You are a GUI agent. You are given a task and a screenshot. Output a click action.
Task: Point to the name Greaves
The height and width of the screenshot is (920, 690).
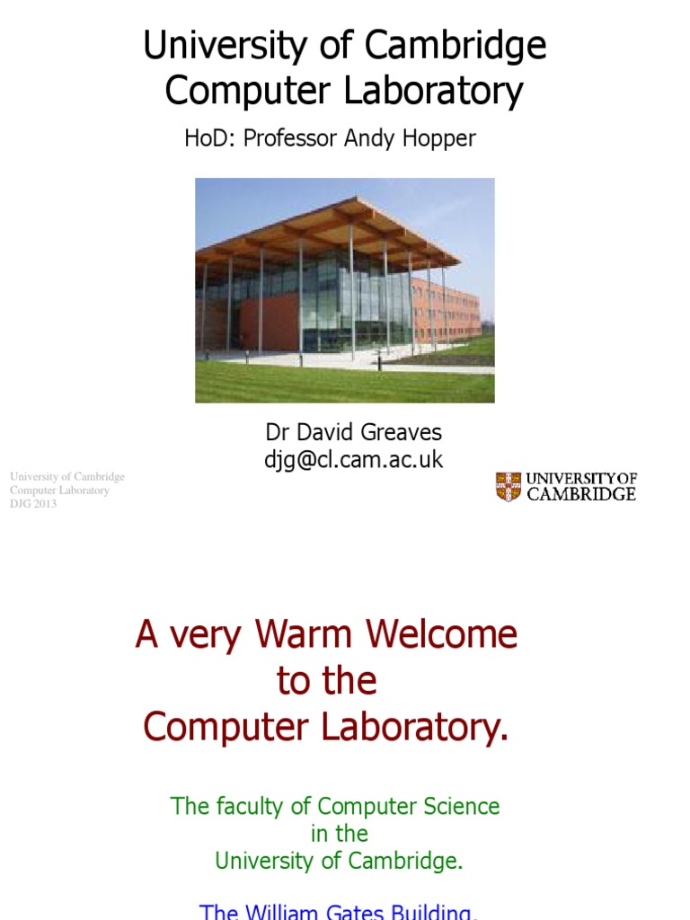point(400,433)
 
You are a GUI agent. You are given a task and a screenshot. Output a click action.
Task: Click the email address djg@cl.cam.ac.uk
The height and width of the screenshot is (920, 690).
point(352,460)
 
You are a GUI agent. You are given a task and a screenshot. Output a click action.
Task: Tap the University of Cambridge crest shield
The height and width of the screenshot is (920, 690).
point(509,486)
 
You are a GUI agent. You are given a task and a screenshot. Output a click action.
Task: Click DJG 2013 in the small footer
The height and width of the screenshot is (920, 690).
point(33,504)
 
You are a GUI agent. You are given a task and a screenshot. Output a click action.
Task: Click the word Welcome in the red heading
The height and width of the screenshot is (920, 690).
point(442,636)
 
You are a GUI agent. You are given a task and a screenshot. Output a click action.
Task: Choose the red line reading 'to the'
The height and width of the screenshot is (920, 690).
point(326,682)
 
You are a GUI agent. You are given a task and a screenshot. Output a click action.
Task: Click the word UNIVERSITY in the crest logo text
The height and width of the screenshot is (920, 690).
point(569,479)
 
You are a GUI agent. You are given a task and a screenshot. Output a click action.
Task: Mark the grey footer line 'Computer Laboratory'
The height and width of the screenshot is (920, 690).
point(59,491)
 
